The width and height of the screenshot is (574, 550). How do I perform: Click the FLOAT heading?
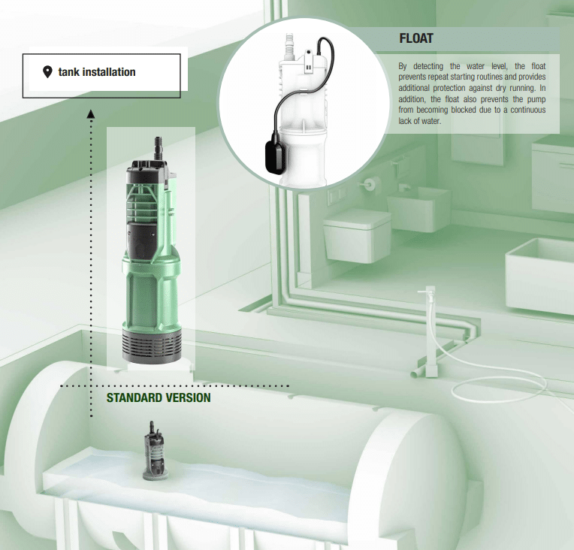point(416,38)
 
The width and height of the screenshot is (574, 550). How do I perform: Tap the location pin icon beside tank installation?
point(47,72)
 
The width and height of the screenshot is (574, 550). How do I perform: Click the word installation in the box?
point(109,72)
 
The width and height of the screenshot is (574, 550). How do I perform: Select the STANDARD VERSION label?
point(159,397)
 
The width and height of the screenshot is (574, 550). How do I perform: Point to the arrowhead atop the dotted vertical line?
point(91,114)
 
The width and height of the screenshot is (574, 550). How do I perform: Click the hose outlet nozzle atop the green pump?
point(159,147)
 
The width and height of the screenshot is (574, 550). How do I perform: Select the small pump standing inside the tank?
point(155,451)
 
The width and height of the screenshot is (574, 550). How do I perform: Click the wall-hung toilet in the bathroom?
point(356,235)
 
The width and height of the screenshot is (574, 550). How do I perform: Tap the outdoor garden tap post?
point(430,331)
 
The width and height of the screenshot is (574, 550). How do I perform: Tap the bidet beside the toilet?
point(418,209)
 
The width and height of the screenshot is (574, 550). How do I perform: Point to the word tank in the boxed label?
point(68,72)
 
